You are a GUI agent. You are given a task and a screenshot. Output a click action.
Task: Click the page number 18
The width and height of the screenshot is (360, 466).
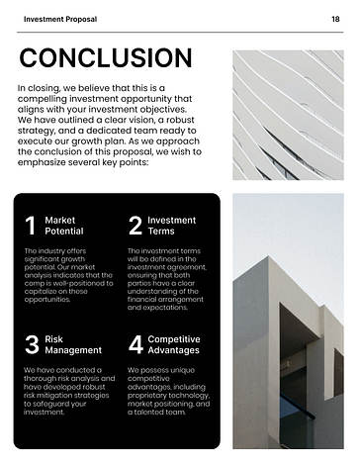[x=336, y=19]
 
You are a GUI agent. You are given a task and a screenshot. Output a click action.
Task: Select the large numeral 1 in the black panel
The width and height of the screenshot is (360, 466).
[x=31, y=226]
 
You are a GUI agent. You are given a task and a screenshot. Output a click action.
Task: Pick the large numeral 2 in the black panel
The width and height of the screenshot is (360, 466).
[x=135, y=226]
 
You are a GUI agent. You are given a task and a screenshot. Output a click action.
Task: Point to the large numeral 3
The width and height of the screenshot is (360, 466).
[x=31, y=344]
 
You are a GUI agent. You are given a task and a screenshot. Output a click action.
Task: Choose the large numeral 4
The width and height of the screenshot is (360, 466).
[x=135, y=344]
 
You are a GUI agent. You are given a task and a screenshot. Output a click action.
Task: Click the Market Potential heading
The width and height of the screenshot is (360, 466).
[x=64, y=225]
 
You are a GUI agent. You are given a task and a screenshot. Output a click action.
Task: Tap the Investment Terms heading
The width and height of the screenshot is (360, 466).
[x=171, y=225]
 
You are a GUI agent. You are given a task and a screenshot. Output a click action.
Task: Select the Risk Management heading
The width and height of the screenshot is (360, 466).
[x=73, y=343]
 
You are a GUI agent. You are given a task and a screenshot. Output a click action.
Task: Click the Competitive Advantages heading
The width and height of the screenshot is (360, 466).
[x=174, y=343]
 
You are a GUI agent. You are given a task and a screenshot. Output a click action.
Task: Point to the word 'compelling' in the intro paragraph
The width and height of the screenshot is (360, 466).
[x=47, y=99]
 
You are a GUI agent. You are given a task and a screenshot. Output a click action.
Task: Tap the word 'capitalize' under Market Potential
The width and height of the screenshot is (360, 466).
[x=43, y=291]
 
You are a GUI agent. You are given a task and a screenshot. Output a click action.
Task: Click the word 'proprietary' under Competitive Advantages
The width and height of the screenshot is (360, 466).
[x=150, y=395]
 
